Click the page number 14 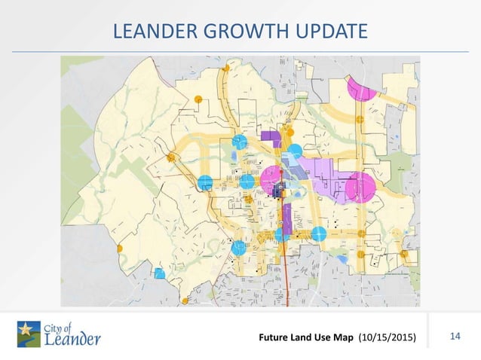coord(455,334)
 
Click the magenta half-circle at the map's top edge coord(360,89)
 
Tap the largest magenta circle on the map coord(360,187)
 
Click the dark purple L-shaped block coord(271,137)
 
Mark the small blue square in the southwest coord(159,274)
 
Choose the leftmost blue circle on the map coord(204,182)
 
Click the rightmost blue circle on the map coord(318,234)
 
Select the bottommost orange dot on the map coord(185,301)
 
